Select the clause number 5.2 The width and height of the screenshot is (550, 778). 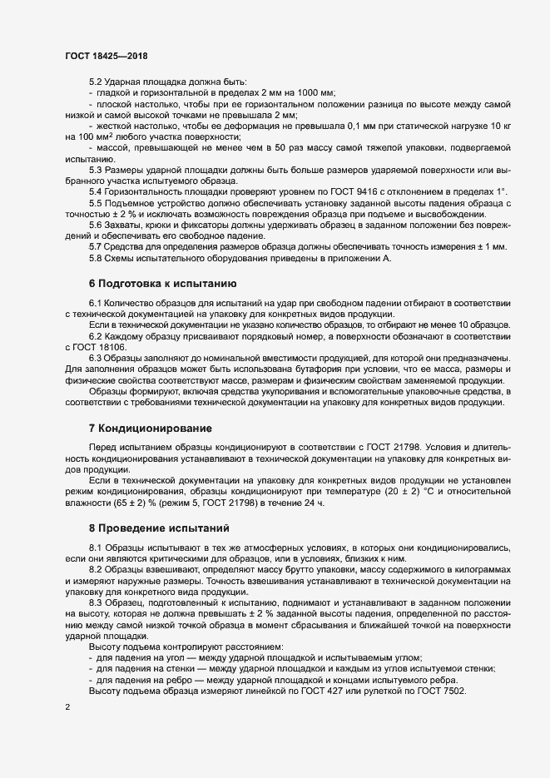[x=96, y=82]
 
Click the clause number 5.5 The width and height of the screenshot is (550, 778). [x=96, y=203]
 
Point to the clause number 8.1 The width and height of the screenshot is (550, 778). [x=96, y=548]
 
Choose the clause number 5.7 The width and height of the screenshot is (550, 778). [x=96, y=246]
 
